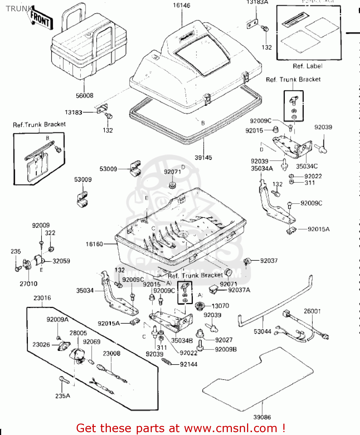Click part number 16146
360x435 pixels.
181,6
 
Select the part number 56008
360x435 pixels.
84,96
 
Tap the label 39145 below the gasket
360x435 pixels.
203,158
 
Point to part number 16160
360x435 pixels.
94,244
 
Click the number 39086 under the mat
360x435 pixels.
262,417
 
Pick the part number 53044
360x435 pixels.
262,331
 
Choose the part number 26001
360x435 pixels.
312,311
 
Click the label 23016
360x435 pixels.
42,298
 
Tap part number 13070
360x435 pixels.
220,306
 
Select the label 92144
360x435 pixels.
189,365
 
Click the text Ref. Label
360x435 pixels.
307,66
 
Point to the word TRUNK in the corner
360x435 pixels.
19,9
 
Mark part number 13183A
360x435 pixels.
257,2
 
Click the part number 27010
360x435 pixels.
28,284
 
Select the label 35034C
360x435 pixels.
307,166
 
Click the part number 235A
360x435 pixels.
63,396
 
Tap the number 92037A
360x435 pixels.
239,290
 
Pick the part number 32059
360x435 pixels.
61,261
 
